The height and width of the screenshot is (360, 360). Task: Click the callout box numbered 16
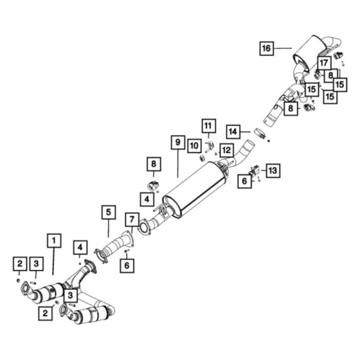266,49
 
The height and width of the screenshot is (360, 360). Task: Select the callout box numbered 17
324,62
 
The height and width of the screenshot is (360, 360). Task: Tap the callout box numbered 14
233,132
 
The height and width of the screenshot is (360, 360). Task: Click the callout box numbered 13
273,170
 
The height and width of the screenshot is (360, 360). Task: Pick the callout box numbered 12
227,151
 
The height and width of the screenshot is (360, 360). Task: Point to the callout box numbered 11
209,126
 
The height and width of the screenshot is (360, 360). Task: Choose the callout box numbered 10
194,146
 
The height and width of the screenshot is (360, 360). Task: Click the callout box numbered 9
178,142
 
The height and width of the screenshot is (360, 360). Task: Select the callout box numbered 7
132,220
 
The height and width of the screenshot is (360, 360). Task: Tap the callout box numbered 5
109,212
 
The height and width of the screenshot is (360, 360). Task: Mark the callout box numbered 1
54,241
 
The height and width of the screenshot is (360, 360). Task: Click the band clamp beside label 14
260,134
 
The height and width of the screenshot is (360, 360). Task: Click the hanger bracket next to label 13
254,171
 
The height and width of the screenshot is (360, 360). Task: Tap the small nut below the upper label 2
17,280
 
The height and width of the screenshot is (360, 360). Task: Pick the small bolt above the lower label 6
127,251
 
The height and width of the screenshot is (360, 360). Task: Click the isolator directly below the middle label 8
153,185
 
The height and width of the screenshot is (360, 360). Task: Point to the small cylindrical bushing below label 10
202,158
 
